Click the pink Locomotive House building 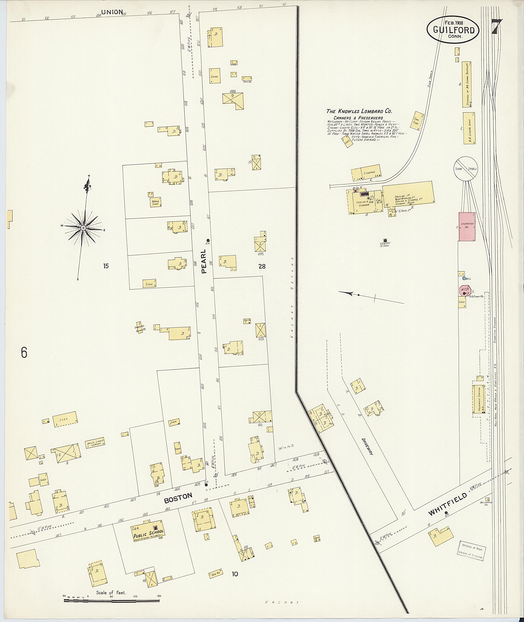coord(467,226)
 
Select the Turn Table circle coord(465,168)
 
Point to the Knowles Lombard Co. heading coord(359,111)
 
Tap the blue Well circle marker coord(464,279)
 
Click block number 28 coord(262,266)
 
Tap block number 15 coord(106,266)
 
